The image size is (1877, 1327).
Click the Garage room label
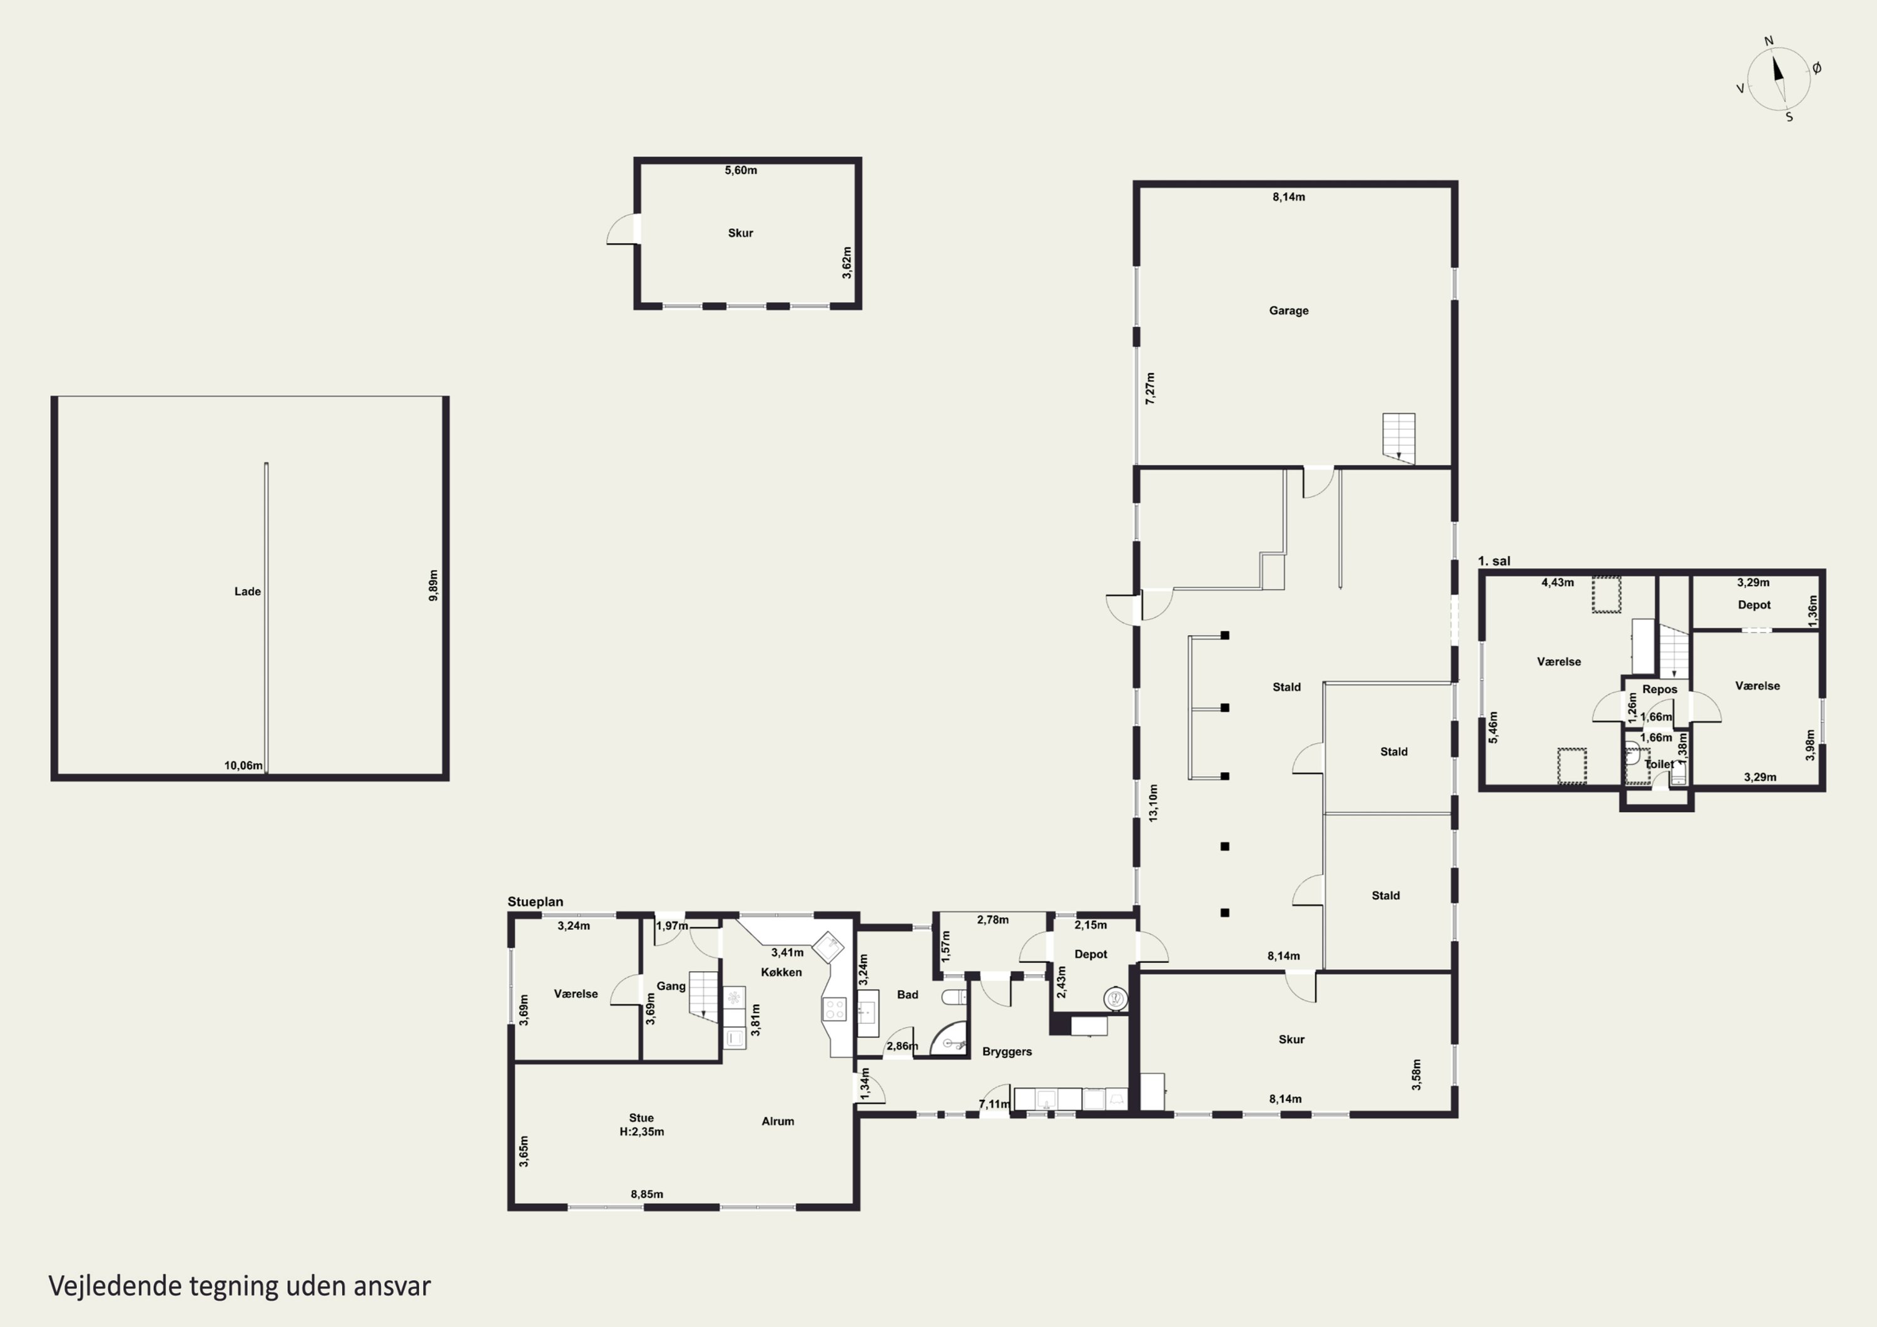click(1288, 311)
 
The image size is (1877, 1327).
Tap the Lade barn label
click(248, 591)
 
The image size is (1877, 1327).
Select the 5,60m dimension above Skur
click(741, 170)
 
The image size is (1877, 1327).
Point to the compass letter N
click(1768, 41)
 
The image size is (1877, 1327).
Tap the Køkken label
click(781, 972)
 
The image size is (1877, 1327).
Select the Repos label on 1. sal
click(1659, 689)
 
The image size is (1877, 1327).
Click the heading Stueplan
click(535, 902)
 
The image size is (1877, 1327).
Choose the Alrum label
click(778, 1121)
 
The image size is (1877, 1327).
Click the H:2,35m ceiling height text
click(642, 1132)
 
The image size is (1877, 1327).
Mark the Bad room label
click(907, 994)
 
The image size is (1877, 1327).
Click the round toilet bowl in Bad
click(954, 997)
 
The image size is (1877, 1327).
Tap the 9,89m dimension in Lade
click(434, 586)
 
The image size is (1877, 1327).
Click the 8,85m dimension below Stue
click(647, 1194)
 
